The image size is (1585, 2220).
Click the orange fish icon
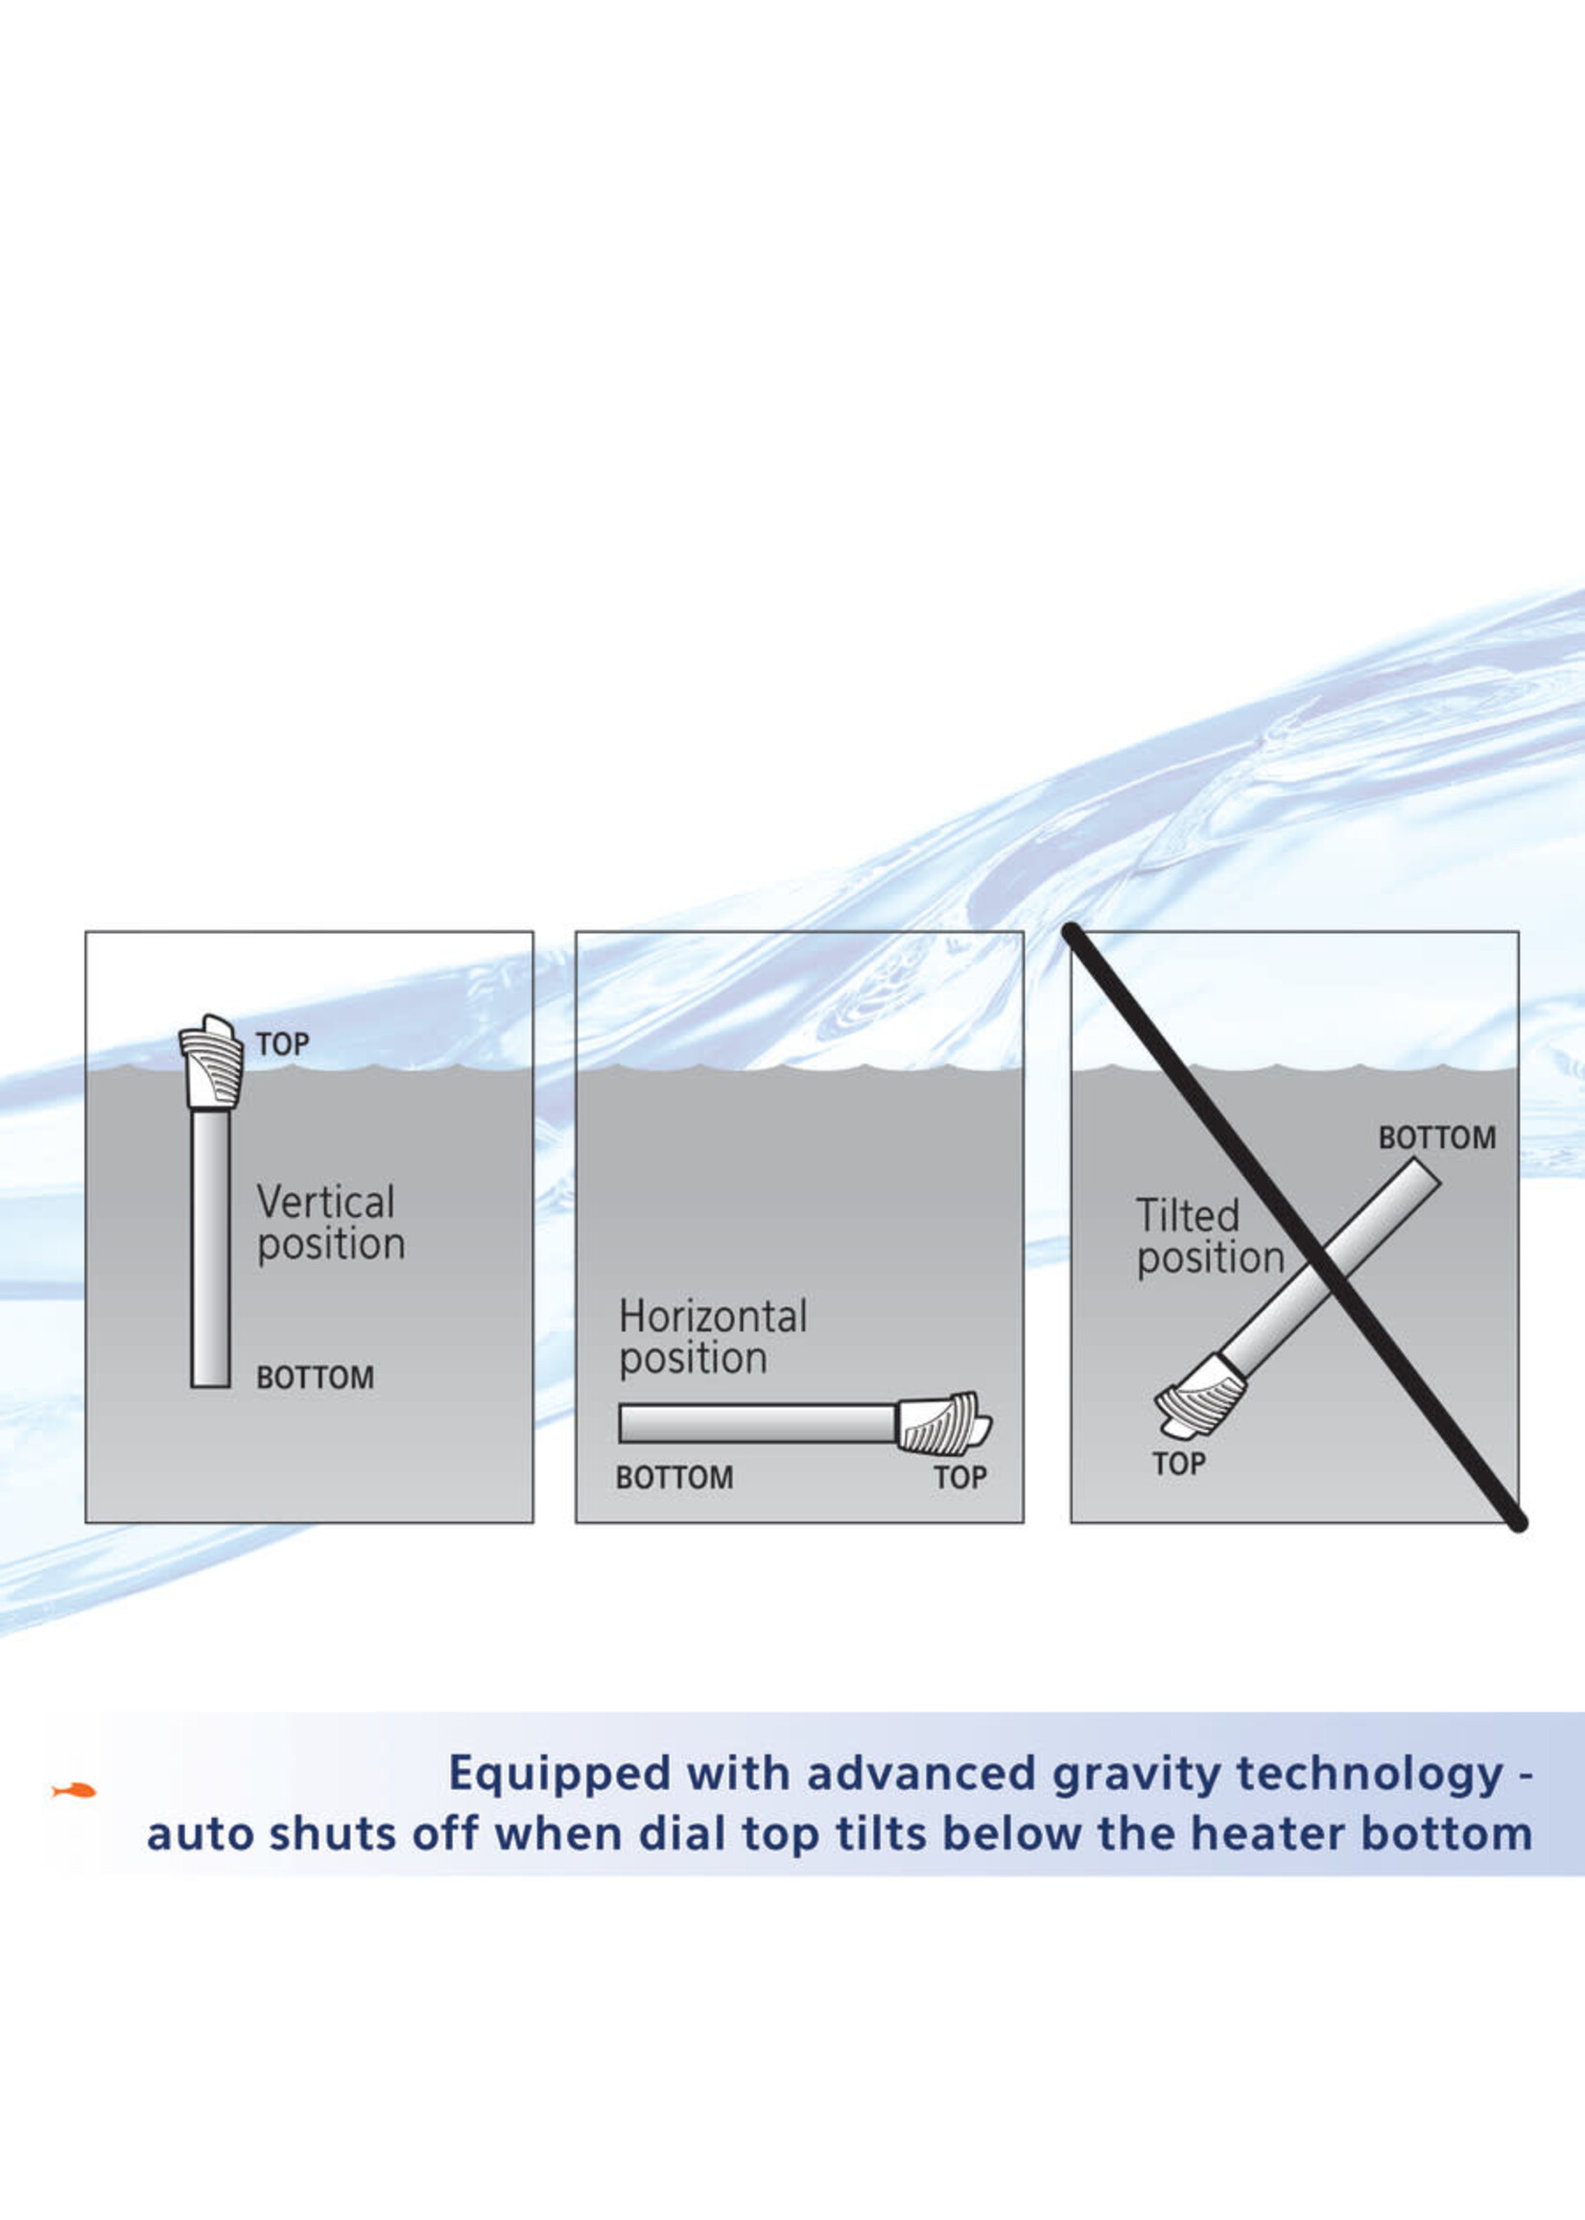[74, 1789]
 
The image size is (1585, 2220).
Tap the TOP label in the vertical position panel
[282, 1044]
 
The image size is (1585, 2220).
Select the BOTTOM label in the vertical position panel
[315, 1377]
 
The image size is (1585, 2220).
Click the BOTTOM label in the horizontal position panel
[674, 1477]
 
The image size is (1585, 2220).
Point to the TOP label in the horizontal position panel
[960, 1477]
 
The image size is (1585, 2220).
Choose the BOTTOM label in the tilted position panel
[1436, 1137]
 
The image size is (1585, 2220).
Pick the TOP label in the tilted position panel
[1178, 1464]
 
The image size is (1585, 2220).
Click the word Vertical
[326, 1202]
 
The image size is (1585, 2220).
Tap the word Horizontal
[713, 1316]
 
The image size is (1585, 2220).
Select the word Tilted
[1188, 1215]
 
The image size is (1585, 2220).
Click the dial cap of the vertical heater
[211, 1062]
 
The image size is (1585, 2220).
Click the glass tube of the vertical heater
[211, 1250]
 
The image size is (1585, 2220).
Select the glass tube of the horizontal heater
[757, 1423]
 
